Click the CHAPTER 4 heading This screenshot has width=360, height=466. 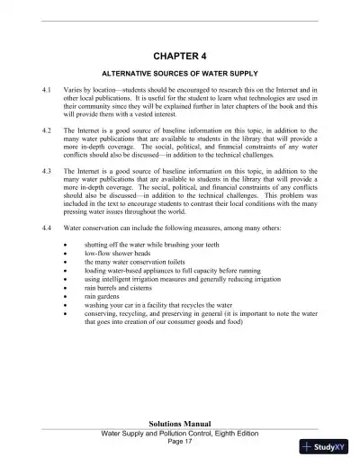click(180, 54)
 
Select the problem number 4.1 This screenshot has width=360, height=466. click(47, 92)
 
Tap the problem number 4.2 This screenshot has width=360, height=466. click(47, 130)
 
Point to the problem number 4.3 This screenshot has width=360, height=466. click(47, 169)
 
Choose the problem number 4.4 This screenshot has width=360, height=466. click(47, 227)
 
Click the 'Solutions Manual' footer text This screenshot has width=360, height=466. click(180, 422)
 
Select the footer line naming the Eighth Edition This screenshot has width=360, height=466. click(180, 432)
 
